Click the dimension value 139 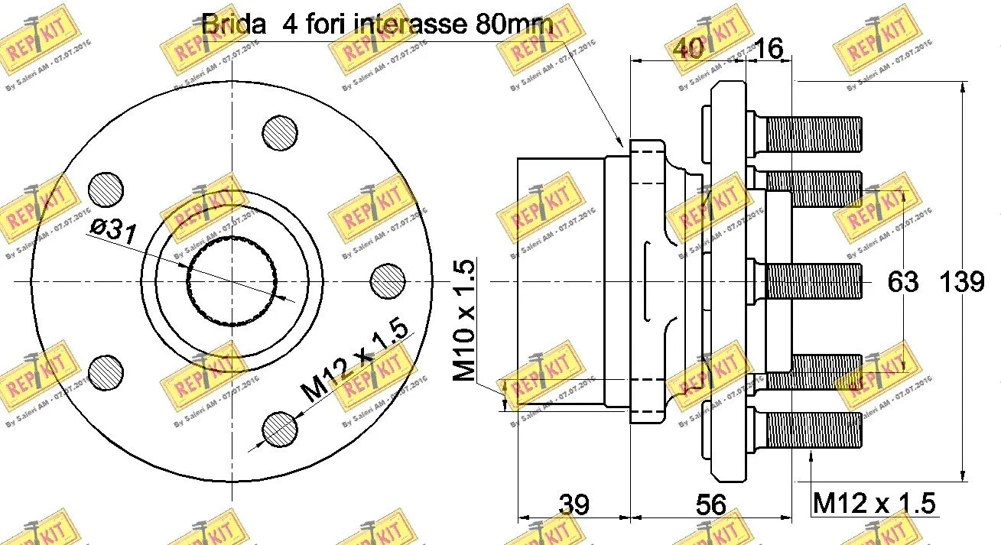(961, 282)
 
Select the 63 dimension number (902, 282)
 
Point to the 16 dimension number (769, 50)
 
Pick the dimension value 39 (574, 504)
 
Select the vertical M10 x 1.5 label (464, 320)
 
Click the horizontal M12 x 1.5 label (873, 503)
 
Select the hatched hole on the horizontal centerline (388, 282)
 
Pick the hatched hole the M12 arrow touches (279, 430)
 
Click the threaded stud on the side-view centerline (812, 281)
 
